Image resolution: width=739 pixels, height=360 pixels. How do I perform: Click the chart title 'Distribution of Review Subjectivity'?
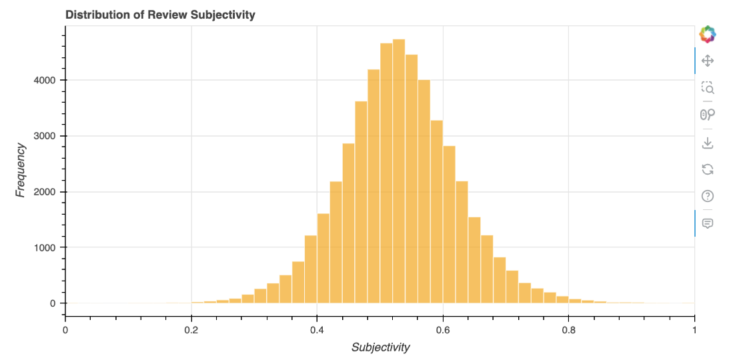click(x=160, y=15)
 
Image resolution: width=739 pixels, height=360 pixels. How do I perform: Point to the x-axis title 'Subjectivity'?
click(x=380, y=347)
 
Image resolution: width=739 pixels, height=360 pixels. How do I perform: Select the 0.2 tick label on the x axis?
click(x=191, y=329)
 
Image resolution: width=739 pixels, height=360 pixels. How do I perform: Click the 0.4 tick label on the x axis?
click(x=317, y=329)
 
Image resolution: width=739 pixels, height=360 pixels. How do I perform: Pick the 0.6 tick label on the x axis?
click(x=443, y=329)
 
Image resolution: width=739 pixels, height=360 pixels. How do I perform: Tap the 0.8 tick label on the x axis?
click(x=569, y=329)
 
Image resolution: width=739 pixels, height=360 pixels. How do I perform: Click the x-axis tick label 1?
click(x=694, y=329)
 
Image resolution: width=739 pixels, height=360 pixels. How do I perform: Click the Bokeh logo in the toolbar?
click(x=708, y=33)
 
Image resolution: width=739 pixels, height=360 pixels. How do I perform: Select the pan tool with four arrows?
click(x=708, y=61)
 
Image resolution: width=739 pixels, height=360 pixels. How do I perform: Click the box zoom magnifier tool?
click(x=708, y=87)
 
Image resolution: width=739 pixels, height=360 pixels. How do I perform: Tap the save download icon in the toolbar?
click(x=708, y=143)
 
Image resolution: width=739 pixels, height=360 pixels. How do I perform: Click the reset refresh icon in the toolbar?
click(x=708, y=169)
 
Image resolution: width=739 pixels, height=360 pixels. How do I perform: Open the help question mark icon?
click(x=708, y=196)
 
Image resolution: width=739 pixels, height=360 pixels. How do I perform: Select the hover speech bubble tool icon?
click(x=708, y=223)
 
